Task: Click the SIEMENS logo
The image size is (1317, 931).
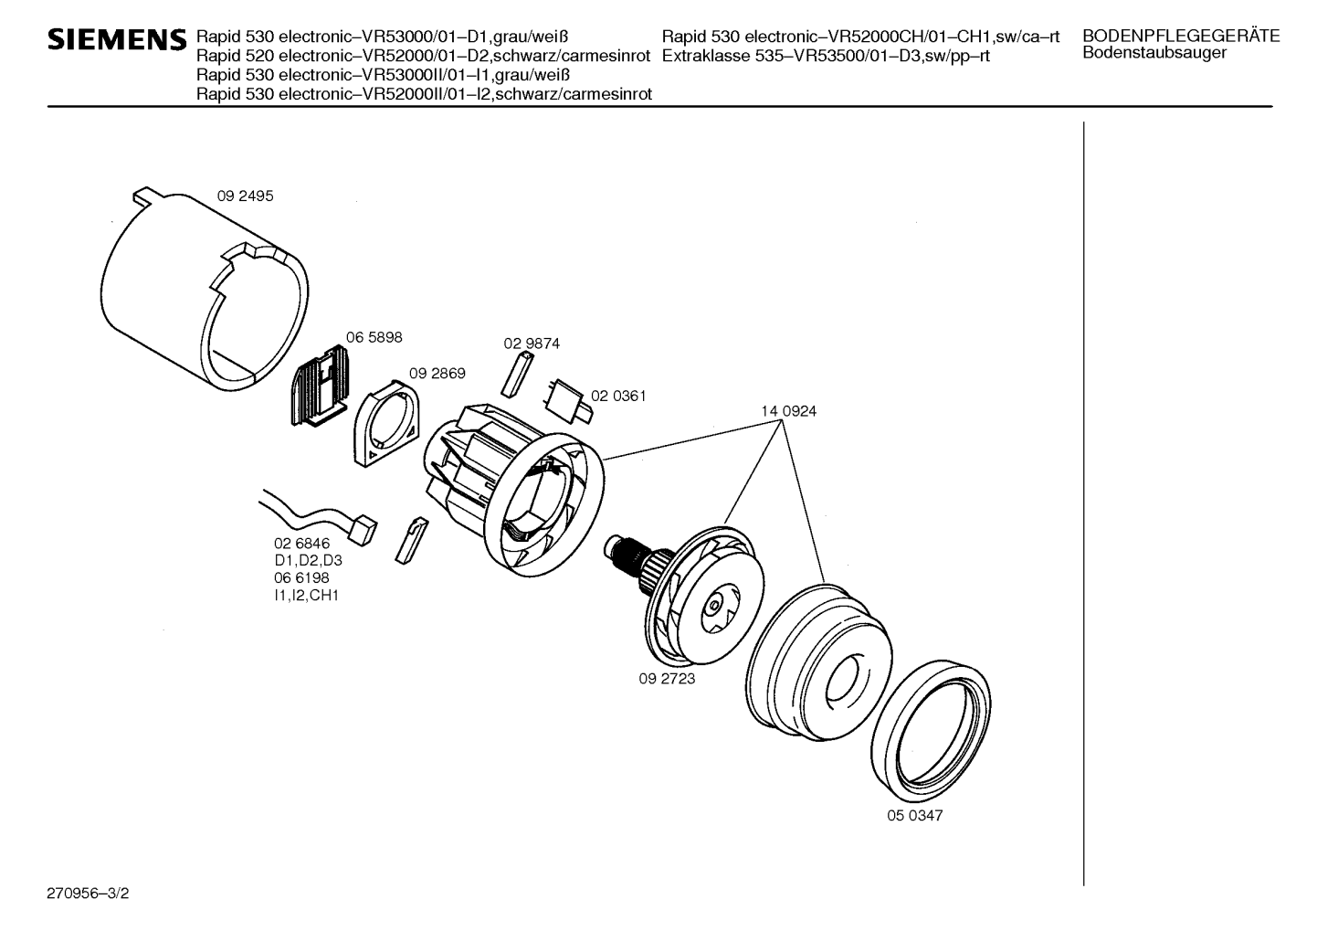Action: pos(116,39)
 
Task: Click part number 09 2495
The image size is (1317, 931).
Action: pos(245,196)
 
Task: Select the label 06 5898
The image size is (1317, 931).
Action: pos(374,337)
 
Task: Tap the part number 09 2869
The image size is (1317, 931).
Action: pos(437,374)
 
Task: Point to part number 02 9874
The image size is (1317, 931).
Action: pos(532,344)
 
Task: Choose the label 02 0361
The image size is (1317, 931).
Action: pos(618,396)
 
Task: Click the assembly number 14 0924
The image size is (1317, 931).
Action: pos(788,411)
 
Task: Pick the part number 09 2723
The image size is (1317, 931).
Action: pos(667,679)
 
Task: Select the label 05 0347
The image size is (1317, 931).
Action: pos(914,815)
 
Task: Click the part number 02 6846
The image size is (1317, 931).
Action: pos(302,544)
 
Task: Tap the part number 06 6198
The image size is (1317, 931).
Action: pos(302,577)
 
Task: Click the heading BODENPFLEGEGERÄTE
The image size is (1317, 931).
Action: pos(1180,37)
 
